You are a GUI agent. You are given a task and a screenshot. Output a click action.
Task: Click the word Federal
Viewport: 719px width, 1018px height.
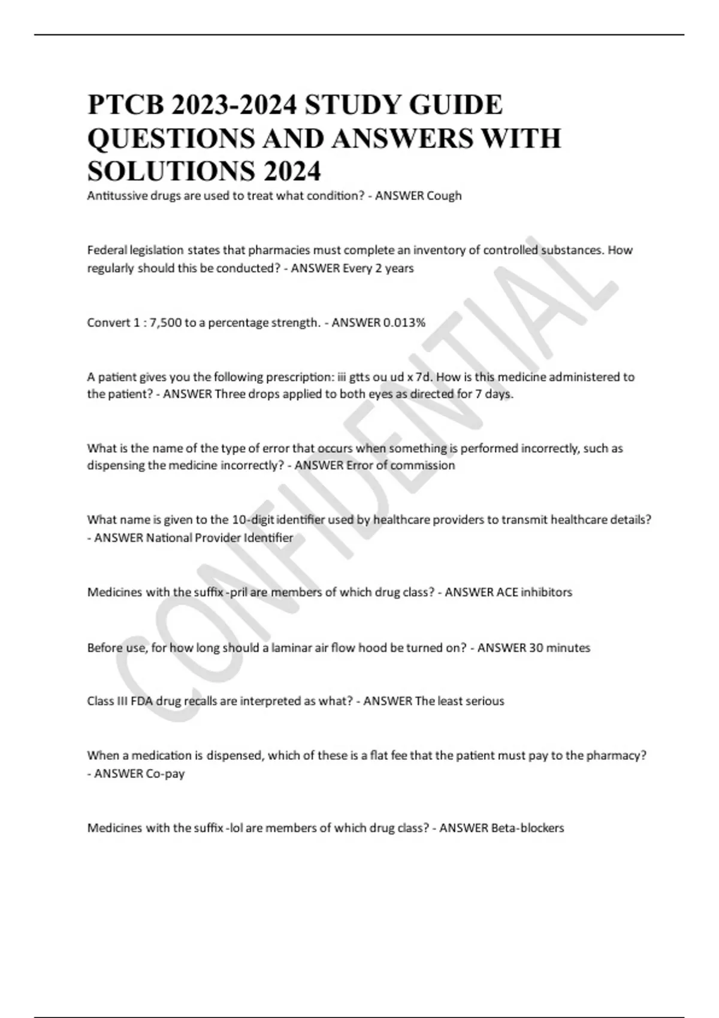click(105, 250)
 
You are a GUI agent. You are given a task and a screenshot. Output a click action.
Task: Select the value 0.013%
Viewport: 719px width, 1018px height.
click(404, 323)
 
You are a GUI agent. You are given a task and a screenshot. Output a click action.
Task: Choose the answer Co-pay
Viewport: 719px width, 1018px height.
click(165, 774)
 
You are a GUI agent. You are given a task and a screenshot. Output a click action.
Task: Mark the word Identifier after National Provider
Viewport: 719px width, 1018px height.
click(268, 538)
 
